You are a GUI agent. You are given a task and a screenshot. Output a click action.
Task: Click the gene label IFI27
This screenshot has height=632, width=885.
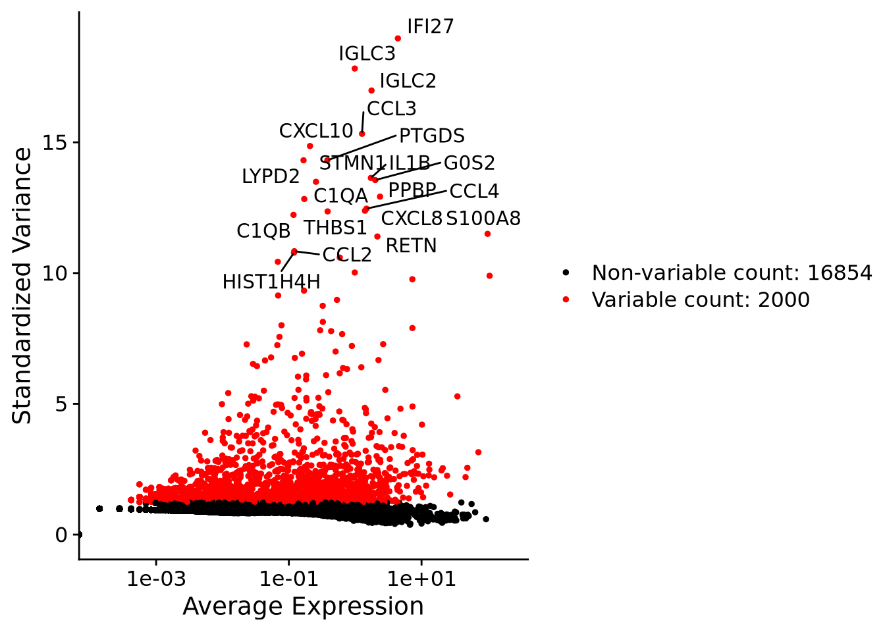tap(430, 27)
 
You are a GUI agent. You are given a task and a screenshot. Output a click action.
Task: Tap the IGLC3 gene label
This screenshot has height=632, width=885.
tap(367, 54)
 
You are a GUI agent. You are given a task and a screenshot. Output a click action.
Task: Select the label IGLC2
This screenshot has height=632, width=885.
tap(408, 81)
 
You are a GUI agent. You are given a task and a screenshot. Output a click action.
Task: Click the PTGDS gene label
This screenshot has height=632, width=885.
tap(432, 136)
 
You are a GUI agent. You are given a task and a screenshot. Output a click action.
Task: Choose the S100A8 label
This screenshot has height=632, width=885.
tap(483, 219)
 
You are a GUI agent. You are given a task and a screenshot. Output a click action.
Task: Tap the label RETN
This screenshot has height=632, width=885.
tap(411, 246)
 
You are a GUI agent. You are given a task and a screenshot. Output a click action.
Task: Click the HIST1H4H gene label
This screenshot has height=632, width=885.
tap(271, 282)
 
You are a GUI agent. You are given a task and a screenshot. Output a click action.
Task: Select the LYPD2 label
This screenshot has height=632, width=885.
tap(271, 176)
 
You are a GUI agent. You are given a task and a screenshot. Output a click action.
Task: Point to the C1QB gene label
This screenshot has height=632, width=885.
tap(263, 231)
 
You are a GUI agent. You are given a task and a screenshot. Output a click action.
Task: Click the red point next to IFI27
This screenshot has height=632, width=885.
tap(398, 39)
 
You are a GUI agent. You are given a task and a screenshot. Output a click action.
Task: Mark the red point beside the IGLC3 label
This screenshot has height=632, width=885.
tap(354, 68)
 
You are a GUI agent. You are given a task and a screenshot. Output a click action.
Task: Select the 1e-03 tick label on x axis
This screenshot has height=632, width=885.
tap(156, 579)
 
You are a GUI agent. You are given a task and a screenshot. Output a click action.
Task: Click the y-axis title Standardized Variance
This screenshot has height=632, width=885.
tap(22, 286)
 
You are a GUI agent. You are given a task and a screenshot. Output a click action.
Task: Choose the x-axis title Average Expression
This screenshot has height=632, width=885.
tap(303, 606)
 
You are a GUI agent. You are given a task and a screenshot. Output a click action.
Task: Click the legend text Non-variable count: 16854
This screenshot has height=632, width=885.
tap(732, 273)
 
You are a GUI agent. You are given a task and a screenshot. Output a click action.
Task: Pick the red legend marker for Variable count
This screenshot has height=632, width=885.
tap(566, 300)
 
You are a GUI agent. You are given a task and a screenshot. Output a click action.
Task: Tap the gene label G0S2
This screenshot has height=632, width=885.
tap(469, 163)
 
